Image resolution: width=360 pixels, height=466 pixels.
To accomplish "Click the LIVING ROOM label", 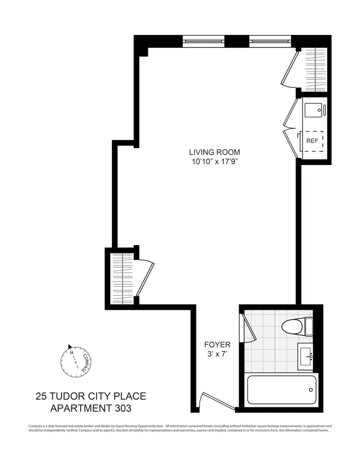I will tap(215, 152).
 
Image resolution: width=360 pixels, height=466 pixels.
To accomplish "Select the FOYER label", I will tap(217, 345).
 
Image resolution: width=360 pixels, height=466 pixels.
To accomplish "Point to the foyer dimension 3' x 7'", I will tap(217, 355).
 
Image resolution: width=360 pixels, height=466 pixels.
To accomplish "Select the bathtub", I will tap(282, 390).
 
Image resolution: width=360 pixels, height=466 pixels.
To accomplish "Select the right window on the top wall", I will tap(270, 41).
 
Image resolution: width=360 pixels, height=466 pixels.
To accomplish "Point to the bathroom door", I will tap(249, 329).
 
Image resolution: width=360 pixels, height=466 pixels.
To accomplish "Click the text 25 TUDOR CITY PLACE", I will tap(91, 397).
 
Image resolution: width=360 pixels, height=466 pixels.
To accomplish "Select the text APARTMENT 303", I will tap(91, 409).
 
